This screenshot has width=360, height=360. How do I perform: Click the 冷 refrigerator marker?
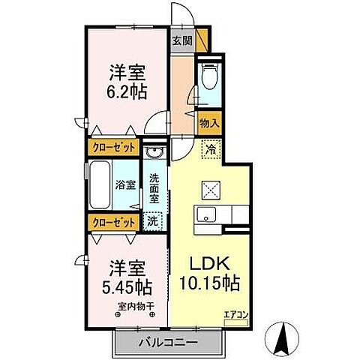[212, 148]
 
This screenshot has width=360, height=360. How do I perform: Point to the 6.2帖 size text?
[127, 91]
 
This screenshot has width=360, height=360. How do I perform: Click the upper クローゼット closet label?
[114, 148]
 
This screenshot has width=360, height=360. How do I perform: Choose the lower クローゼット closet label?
[114, 222]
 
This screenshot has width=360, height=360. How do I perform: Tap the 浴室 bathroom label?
[124, 184]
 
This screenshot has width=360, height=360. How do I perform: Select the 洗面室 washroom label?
[154, 190]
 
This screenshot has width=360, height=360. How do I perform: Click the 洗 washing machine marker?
[152, 221]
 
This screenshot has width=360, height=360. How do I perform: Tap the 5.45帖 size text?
[127, 286]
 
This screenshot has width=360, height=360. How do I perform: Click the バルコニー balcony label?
[168, 342]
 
